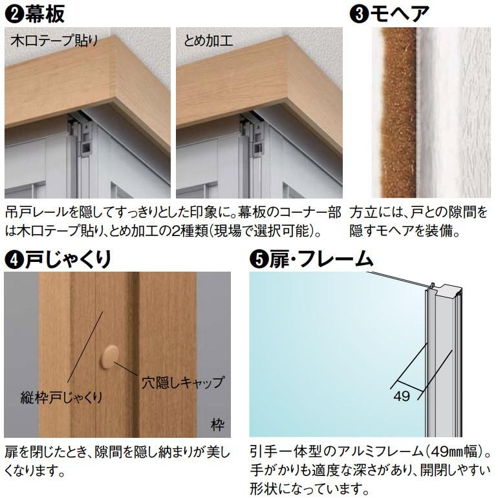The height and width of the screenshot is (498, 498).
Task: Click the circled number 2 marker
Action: pyautogui.click(x=13, y=14)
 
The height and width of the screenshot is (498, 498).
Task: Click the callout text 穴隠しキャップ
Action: pyautogui.click(x=182, y=382)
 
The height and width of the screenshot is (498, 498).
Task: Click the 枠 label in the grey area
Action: pyautogui.click(x=217, y=426)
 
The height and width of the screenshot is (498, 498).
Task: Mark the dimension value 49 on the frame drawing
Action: pyautogui.click(x=402, y=396)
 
